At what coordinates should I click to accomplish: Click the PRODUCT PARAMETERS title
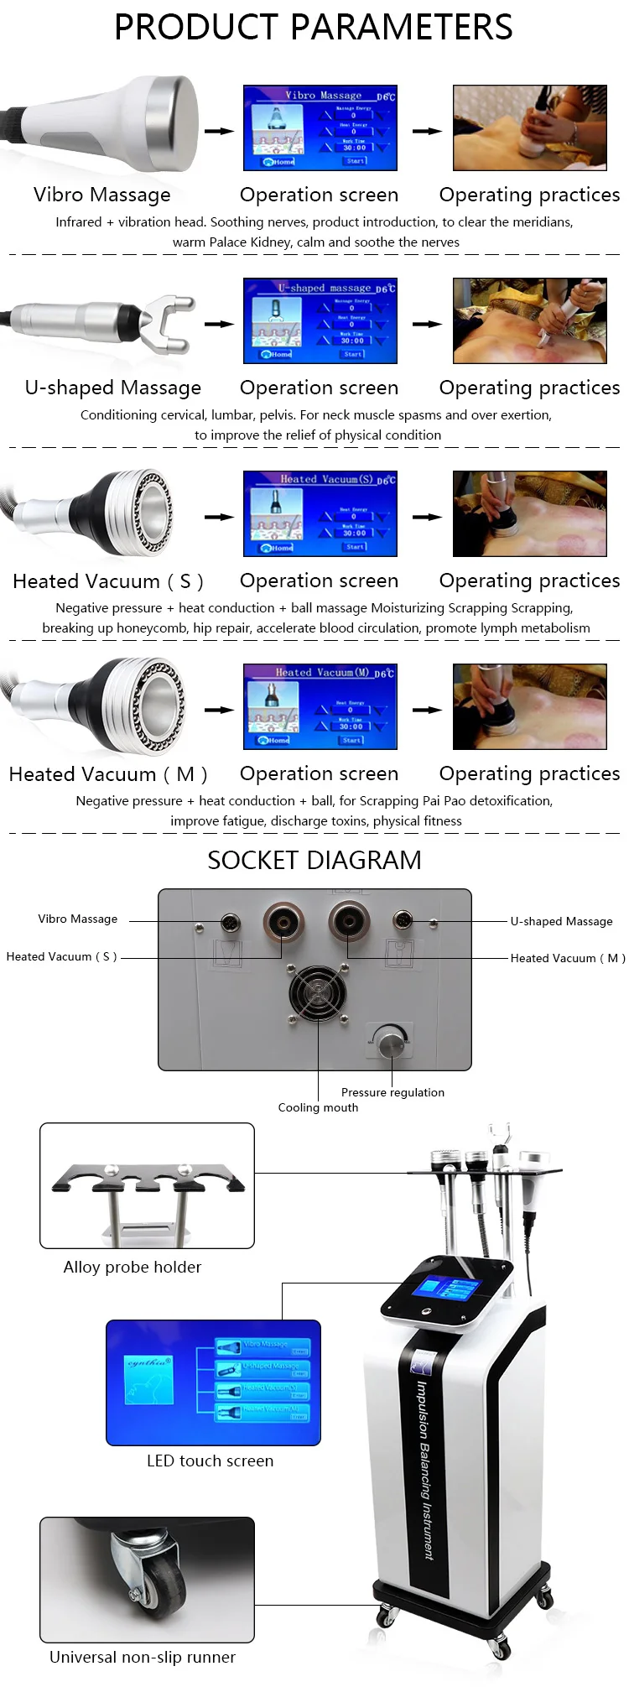point(313,28)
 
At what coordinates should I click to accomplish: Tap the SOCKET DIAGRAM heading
point(314,860)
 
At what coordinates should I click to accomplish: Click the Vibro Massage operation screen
point(320,128)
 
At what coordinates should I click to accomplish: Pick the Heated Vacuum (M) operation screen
point(320,706)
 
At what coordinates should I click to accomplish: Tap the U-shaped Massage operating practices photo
point(529,320)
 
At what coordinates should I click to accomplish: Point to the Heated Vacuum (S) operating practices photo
point(529,513)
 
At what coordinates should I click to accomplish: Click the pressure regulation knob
point(391,1043)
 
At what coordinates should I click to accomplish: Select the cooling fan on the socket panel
point(318,995)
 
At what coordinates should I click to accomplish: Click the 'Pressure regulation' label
point(392,1092)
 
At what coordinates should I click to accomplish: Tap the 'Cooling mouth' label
point(318,1107)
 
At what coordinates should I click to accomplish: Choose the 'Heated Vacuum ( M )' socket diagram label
point(568,958)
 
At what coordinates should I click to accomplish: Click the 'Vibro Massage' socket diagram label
point(77,919)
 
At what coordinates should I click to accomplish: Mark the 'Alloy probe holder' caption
point(133,1267)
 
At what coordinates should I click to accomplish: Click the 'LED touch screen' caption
point(210,1461)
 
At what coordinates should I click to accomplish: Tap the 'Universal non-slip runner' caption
point(143,1657)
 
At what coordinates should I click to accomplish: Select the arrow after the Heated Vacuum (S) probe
point(219,517)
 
